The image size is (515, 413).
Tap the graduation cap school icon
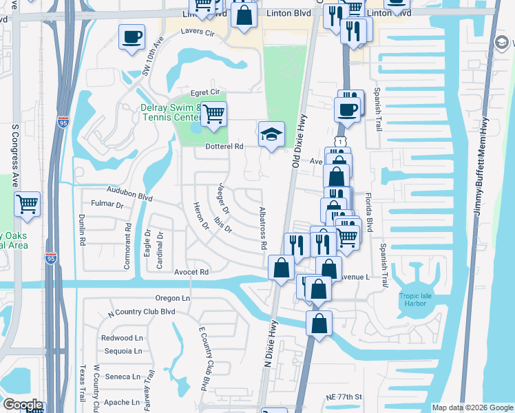point(271,134)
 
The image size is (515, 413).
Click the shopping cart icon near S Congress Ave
point(27,204)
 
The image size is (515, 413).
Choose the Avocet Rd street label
point(191,272)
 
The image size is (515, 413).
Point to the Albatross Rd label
point(262,227)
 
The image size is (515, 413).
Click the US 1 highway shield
point(339,140)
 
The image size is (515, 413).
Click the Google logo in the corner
point(23,405)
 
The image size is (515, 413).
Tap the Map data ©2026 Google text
point(472,407)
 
